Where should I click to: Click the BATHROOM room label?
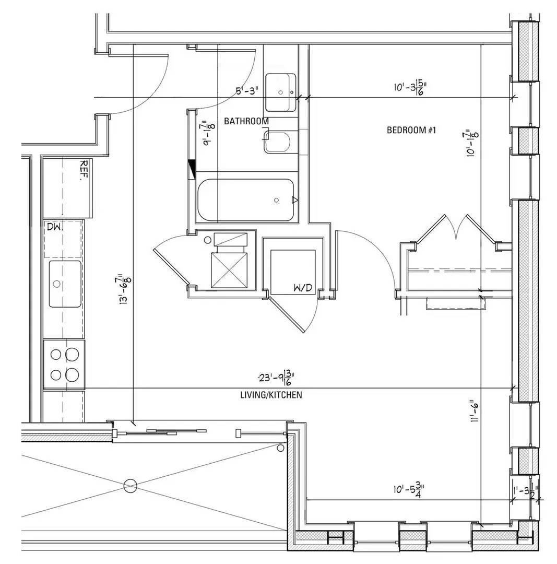[x=246, y=121]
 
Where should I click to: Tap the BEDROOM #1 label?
[x=411, y=130]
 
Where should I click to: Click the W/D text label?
[x=303, y=288]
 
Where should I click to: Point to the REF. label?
[x=82, y=170]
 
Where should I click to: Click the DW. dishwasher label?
[x=54, y=227]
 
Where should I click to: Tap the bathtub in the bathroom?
[x=245, y=201]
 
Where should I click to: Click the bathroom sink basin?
[x=280, y=92]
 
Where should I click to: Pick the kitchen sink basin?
[x=65, y=284]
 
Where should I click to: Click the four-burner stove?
[x=64, y=364]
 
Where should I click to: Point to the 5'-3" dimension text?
[x=247, y=91]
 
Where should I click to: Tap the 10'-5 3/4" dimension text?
[x=408, y=490]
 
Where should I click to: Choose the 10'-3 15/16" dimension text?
[x=408, y=87]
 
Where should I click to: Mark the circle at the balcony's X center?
[x=130, y=486]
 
